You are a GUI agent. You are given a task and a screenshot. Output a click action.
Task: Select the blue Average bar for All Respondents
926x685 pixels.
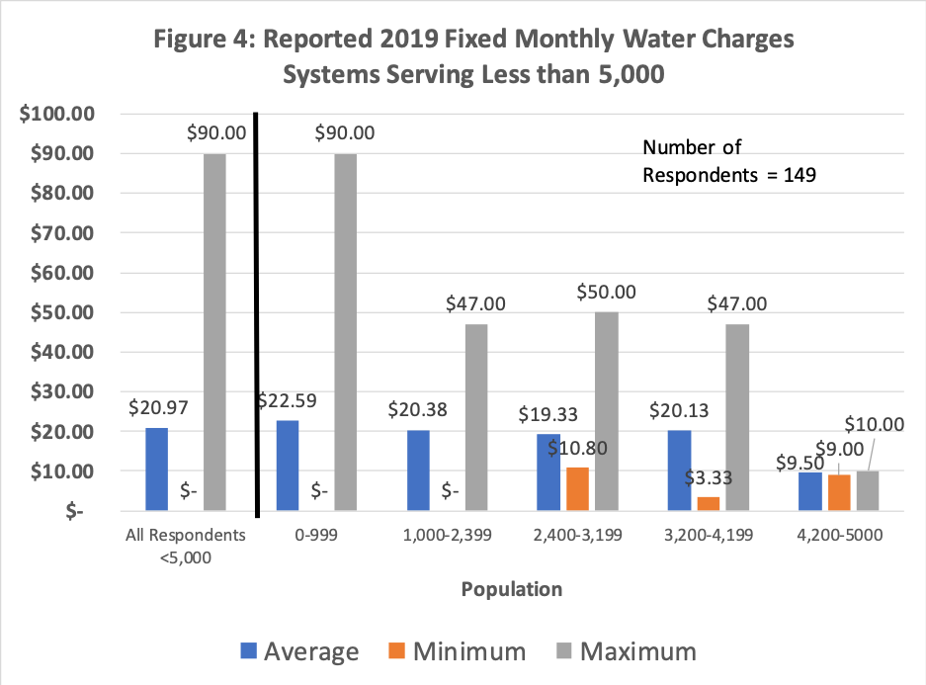pyautogui.click(x=157, y=470)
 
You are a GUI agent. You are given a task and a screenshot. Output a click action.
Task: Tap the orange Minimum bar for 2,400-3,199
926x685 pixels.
pyautogui.click(x=577, y=489)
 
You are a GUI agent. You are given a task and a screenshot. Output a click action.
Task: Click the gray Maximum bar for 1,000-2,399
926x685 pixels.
pyautogui.click(x=476, y=418)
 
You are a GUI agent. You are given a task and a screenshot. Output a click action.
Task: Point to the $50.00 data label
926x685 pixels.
pyautogui.click(x=606, y=293)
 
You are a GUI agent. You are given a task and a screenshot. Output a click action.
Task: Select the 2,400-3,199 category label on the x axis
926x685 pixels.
pyautogui.click(x=577, y=537)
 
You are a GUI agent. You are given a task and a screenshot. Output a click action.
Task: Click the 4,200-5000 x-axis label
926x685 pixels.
pyautogui.click(x=838, y=537)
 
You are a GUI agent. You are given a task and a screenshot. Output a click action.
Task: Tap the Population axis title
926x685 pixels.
pyautogui.click(x=511, y=590)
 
